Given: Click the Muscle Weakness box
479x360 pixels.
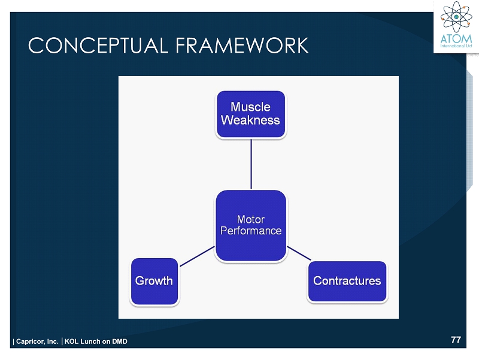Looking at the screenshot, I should click(250, 114).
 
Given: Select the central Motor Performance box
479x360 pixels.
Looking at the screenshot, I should click(250, 225).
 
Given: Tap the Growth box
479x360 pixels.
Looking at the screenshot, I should click(154, 281).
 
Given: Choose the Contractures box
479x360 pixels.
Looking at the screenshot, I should click(347, 281).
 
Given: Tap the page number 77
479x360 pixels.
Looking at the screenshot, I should click(456, 340).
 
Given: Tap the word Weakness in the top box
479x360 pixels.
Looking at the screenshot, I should click(250, 120).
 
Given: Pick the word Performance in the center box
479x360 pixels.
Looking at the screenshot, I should click(251, 231).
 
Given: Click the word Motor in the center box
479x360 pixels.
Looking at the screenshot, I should click(251, 219).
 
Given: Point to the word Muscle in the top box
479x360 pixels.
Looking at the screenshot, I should click(251, 107).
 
